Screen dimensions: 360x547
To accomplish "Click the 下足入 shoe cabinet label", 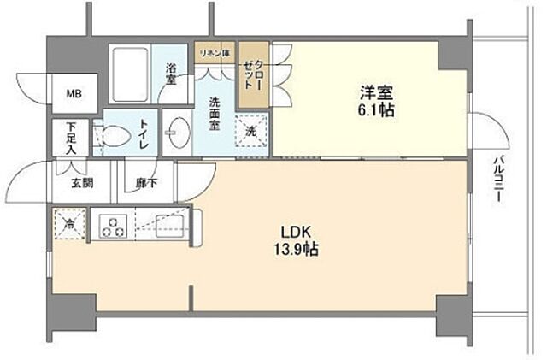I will [x=71, y=137].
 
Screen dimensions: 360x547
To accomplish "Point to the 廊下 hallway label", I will [x=145, y=182].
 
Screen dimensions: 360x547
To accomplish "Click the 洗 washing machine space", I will [x=252, y=133].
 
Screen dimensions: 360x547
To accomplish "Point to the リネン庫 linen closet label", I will [x=214, y=54].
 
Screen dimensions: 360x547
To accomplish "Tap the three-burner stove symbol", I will [x=113, y=226].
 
